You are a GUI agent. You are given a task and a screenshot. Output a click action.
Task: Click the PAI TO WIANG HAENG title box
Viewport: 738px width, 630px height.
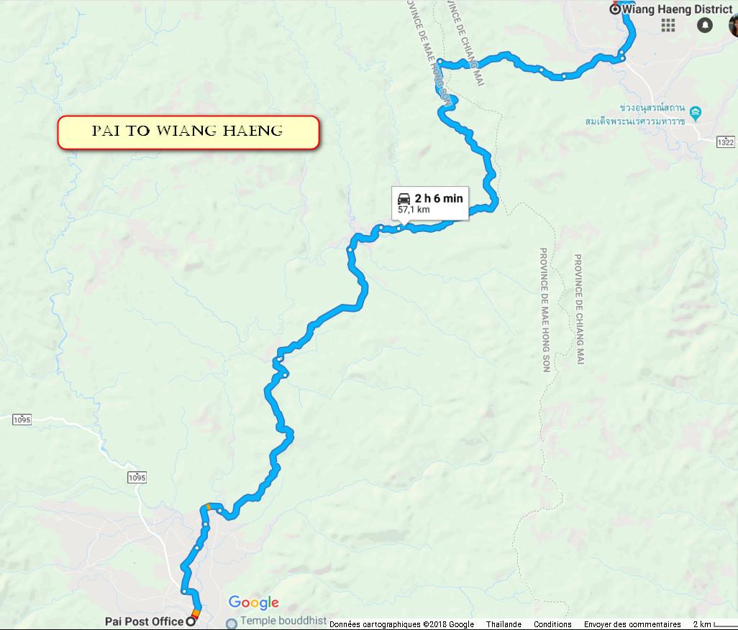(x=188, y=132)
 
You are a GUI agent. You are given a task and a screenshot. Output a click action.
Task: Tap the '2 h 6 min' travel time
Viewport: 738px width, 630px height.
(x=439, y=198)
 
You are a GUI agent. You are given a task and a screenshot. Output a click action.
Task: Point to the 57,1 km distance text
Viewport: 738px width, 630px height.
(x=414, y=210)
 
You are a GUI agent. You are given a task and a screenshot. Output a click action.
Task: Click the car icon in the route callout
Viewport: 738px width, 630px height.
(x=404, y=199)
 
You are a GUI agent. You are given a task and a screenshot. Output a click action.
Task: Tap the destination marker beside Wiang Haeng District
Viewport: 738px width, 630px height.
(x=614, y=9)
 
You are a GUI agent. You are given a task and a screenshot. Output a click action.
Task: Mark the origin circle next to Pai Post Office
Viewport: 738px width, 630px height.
(x=191, y=621)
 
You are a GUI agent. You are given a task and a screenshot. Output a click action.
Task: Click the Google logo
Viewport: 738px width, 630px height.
(x=253, y=603)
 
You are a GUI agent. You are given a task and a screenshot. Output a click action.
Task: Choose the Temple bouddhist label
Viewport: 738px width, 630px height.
(x=284, y=621)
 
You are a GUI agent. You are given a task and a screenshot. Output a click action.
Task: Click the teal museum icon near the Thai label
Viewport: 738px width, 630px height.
(x=696, y=113)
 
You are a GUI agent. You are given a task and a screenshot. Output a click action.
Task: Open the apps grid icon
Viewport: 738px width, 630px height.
(x=668, y=25)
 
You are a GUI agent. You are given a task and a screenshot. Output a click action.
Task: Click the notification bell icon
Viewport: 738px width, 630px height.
(x=705, y=25)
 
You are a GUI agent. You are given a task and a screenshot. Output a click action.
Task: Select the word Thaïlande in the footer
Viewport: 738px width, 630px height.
(x=504, y=624)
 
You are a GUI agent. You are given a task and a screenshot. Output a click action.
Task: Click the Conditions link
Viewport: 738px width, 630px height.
(x=552, y=624)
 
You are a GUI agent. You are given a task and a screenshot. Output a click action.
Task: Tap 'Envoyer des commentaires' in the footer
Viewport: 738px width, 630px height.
(x=632, y=624)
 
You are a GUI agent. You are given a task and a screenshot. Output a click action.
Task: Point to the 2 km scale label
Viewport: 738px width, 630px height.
(x=702, y=624)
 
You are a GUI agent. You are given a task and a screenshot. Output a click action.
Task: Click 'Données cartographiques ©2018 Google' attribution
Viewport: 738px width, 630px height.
(x=402, y=624)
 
